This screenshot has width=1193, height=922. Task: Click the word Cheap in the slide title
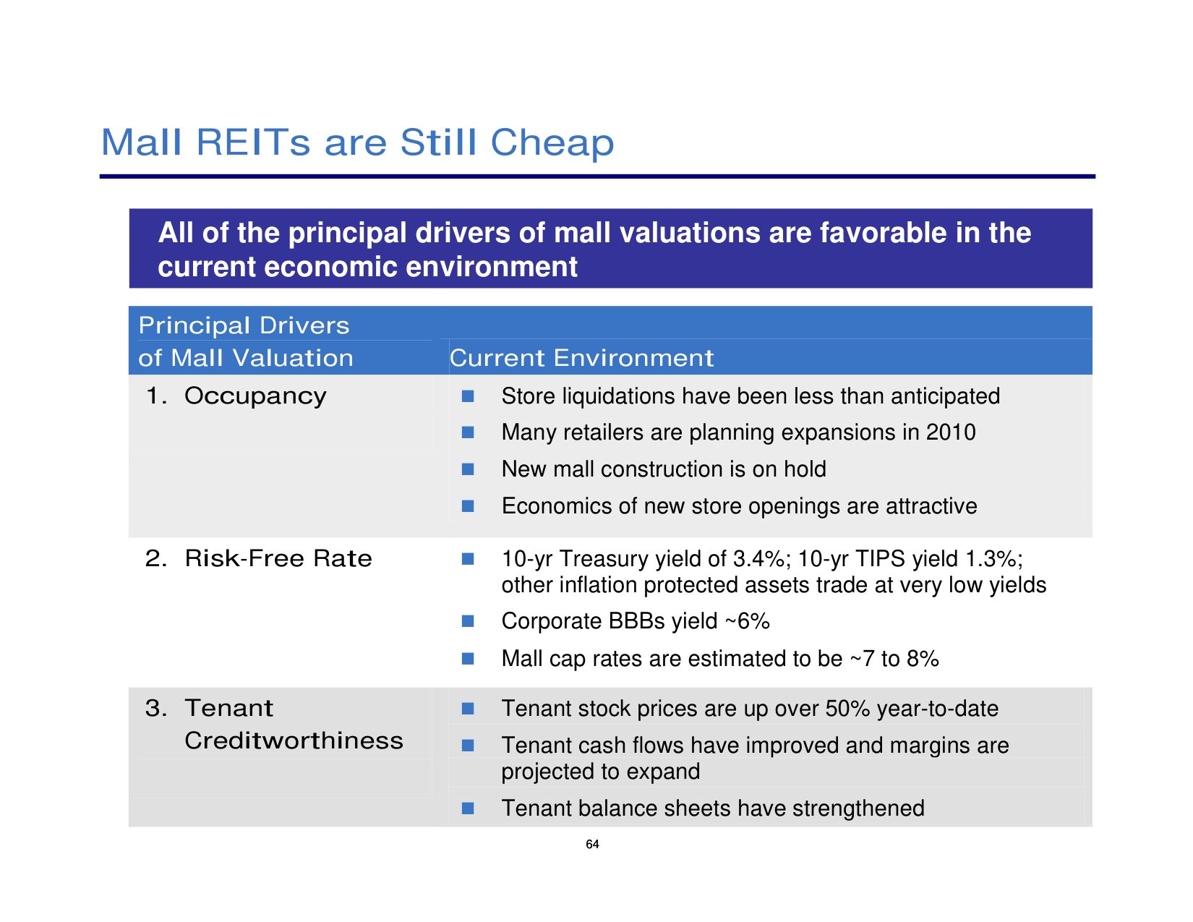point(552,142)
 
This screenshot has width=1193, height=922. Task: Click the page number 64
point(592,845)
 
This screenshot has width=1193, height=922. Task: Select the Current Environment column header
point(581,358)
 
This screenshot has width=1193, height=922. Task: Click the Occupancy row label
point(255,396)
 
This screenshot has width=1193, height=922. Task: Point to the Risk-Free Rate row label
point(278,558)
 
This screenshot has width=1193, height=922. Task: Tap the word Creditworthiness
point(294,740)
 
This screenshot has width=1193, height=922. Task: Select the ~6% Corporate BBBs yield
point(747,621)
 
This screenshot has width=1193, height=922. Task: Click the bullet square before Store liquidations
point(468,396)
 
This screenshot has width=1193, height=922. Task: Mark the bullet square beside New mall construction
point(468,469)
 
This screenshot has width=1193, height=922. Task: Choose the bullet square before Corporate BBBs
point(468,621)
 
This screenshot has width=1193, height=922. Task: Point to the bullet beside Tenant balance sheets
point(468,808)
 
